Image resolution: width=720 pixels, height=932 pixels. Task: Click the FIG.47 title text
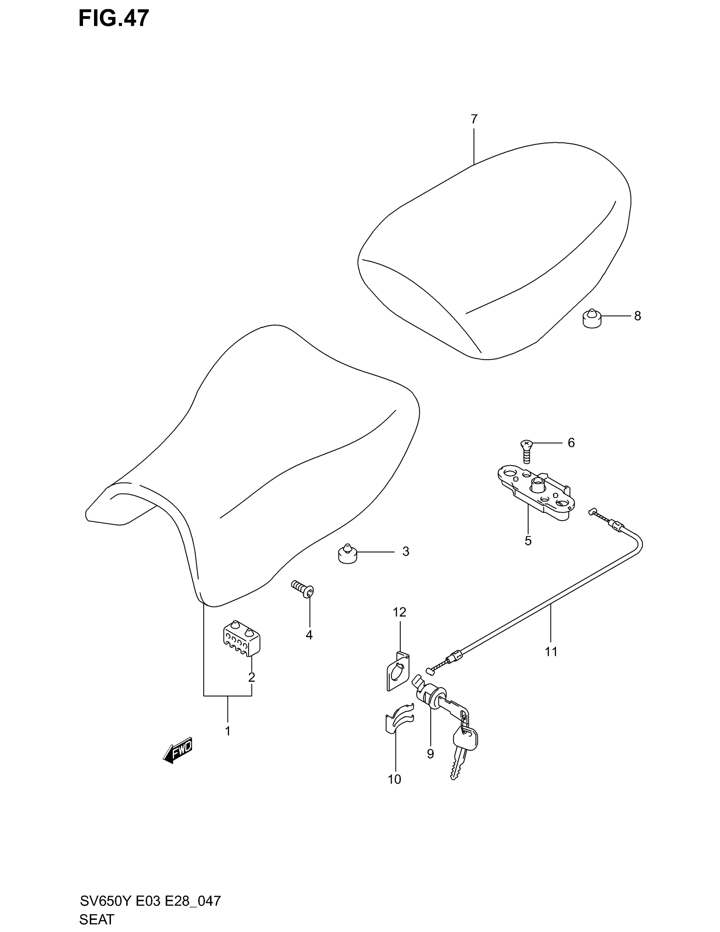(114, 18)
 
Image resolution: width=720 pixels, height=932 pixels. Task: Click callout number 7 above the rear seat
(474, 119)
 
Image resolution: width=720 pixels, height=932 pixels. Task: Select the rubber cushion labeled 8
(591, 318)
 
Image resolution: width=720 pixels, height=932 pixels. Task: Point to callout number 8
(637, 316)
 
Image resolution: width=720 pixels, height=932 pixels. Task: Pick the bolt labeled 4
(303, 588)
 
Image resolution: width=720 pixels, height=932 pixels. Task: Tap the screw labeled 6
(526, 451)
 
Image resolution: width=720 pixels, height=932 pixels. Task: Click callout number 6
(571, 443)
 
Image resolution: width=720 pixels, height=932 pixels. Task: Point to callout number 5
(528, 541)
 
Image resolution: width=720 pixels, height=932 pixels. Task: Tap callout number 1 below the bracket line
(228, 731)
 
